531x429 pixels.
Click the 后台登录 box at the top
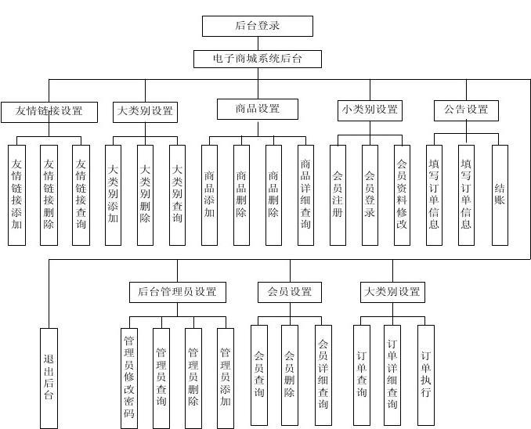click(x=257, y=26)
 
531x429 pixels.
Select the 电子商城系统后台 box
click(x=257, y=59)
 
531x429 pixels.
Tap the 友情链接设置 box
click(x=49, y=111)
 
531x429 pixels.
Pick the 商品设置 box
click(x=258, y=109)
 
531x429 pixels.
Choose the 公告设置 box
click(x=466, y=110)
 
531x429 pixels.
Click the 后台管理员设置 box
click(x=177, y=292)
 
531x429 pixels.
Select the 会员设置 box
click(x=289, y=292)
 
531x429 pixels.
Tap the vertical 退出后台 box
click(x=49, y=377)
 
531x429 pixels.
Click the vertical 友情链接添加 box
click(x=17, y=195)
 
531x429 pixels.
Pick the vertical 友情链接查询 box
click(x=81, y=195)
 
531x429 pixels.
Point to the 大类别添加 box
click(x=114, y=194)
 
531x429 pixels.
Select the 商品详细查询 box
click(x=305, y=195)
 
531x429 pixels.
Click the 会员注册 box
click(x=338, y=194)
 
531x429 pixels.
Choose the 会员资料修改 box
click(x=402, y=195)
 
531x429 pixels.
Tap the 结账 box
click(x=499, y=194)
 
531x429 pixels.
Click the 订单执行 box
click(x=425, y=374)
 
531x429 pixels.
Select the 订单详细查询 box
click(x=392, y=375)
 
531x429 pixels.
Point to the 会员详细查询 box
click(x=323, y=375)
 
